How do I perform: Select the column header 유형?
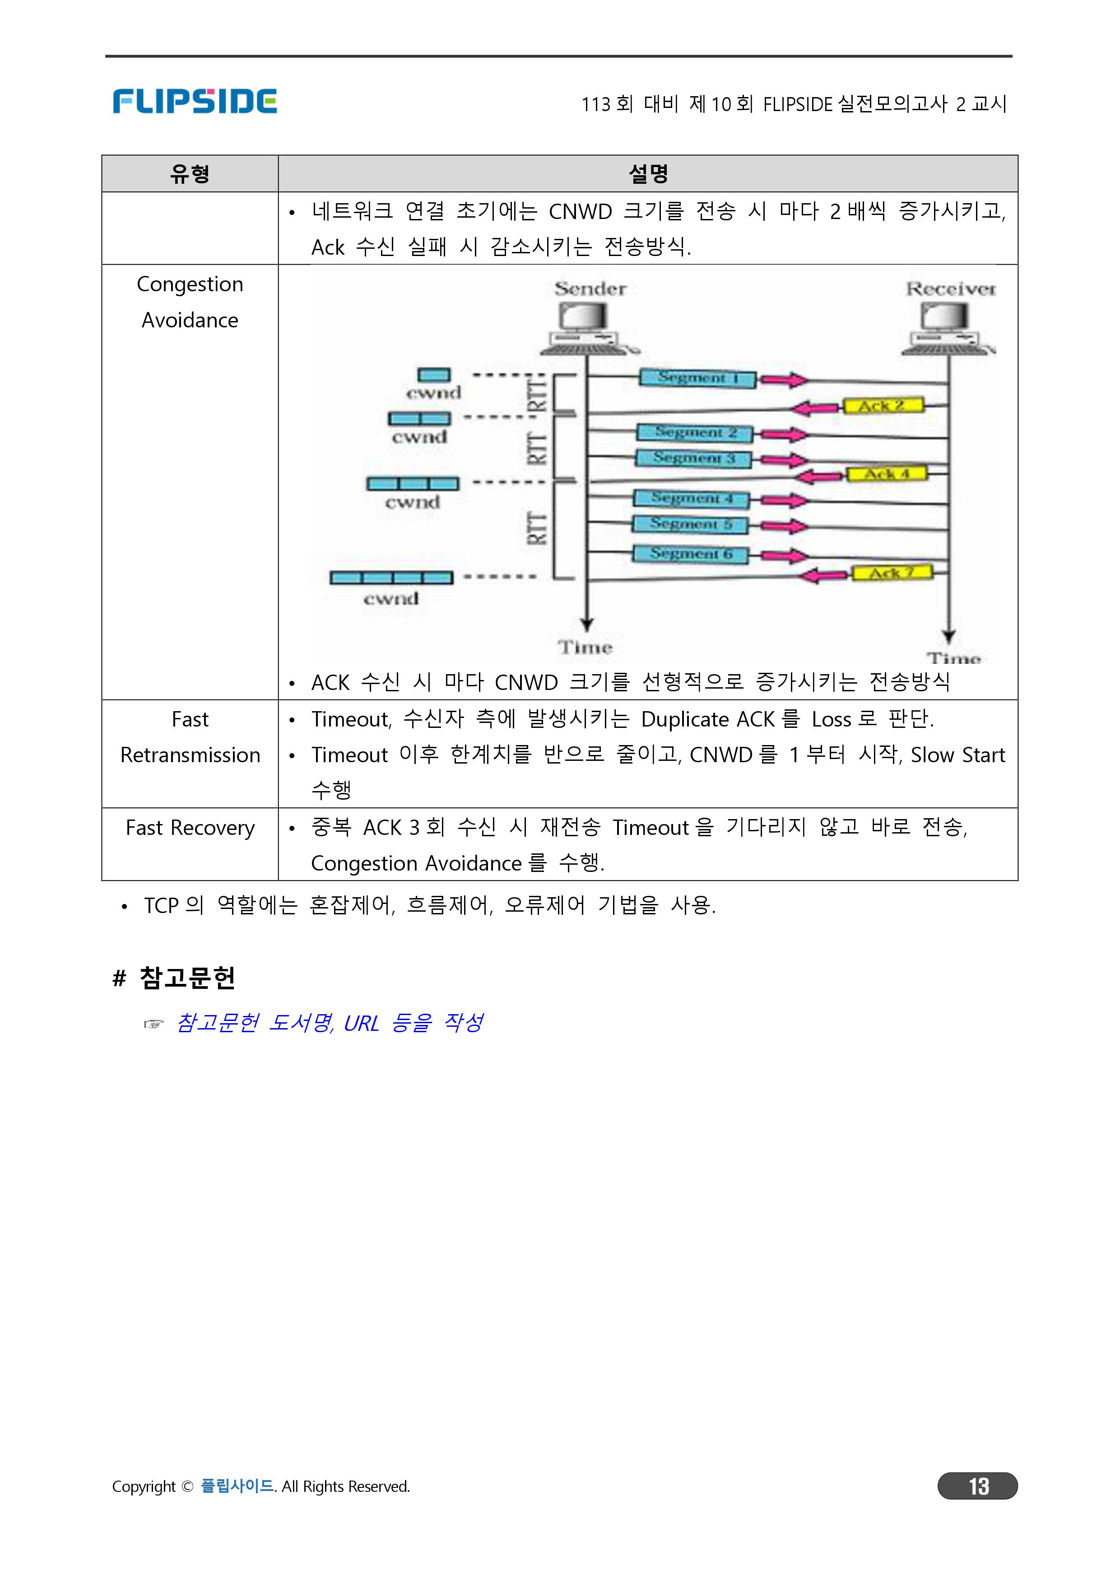[190, 173]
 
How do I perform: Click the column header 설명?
[648, 173]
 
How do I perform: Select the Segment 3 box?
[693, 458]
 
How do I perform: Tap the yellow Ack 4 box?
[887, 474]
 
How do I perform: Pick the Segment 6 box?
[690, 554]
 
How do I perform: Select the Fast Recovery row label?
[190, 827]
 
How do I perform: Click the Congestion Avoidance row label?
[190, 302]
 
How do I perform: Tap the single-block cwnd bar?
[434, 375]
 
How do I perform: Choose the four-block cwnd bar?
[391, 578]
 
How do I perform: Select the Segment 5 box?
[691, 524]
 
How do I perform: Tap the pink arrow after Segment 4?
[785, 500]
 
